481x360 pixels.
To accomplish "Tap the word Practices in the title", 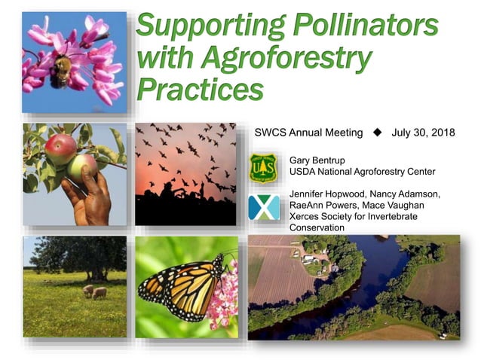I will tap(201, 88).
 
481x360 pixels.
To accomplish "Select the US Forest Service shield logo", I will tap(262, 167).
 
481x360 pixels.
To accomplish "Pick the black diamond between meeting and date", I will tap(378, 133).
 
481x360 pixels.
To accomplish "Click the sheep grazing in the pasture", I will tap(95, 291).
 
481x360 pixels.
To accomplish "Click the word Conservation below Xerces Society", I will tap(317, 227).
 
